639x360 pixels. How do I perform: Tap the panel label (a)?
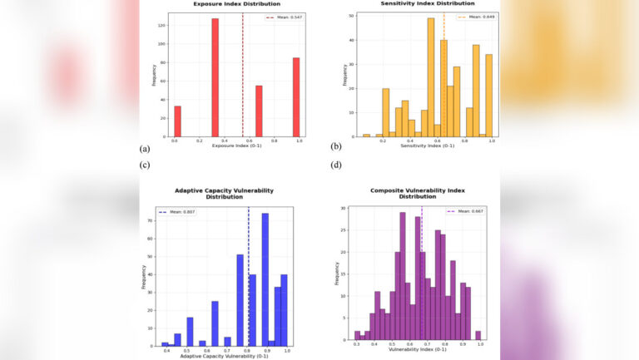click(145, 147)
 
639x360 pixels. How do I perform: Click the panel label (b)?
click(336, 147)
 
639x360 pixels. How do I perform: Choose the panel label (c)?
click(145, 165)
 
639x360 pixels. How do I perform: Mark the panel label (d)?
click(336, 165)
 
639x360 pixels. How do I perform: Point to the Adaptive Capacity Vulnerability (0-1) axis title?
click(224, 355)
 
